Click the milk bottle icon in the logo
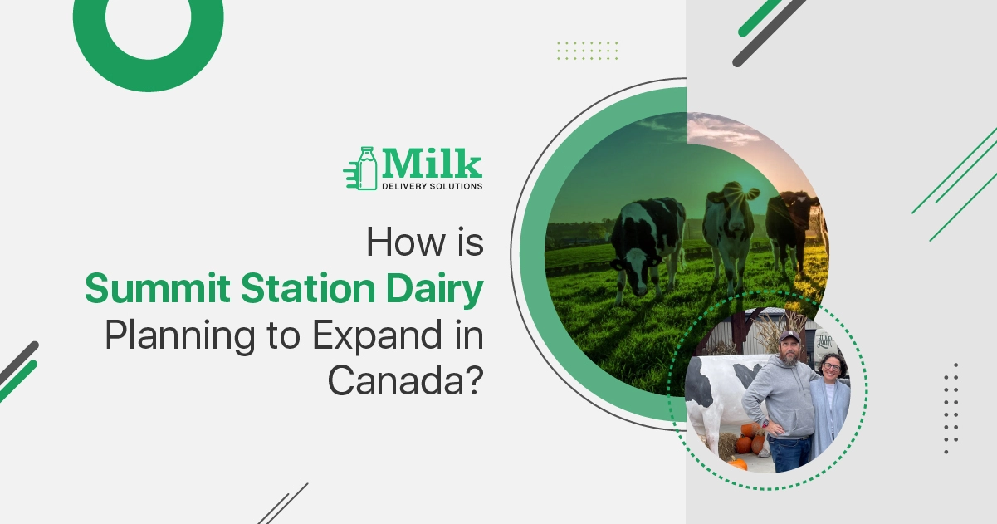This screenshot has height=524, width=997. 366,168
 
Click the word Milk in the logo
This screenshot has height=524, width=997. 431,164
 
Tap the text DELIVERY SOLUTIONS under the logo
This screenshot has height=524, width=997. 431,186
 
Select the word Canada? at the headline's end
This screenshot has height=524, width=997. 406,380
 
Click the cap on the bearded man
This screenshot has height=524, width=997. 788,336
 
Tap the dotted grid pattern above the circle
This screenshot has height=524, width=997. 587,50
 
